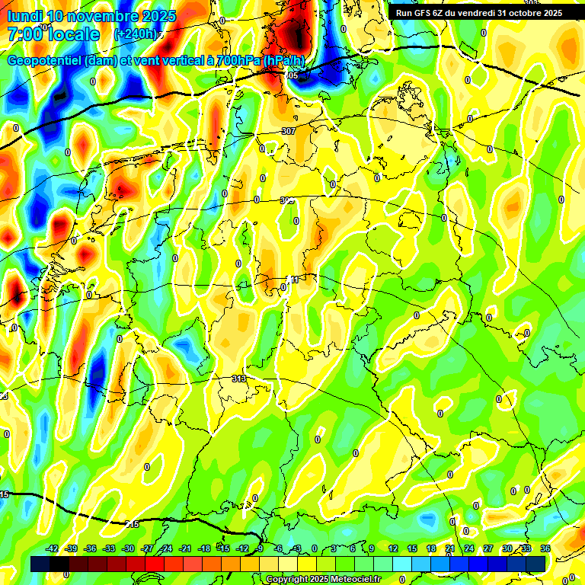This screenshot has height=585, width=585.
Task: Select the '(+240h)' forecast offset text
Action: point(136,34)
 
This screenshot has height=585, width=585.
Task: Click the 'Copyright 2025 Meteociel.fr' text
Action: point(324,580)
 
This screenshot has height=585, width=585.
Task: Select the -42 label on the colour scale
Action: point(53,548)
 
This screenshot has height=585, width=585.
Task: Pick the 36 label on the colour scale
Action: point(545,548)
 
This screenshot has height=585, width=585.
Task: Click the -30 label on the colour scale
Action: point(129,548)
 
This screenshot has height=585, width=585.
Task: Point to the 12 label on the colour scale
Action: point(393,548)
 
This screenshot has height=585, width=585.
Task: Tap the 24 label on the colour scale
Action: point(469,548)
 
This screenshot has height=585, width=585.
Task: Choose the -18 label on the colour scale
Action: point(204,548)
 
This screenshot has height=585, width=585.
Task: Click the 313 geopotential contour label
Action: point(239,379)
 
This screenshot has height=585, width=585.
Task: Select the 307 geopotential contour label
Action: point(288,131)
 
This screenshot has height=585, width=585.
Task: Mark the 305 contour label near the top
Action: point(292,76)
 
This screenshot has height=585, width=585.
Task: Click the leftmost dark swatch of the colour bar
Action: point(40,563)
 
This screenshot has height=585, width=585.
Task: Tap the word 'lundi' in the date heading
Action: point(24,16)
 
